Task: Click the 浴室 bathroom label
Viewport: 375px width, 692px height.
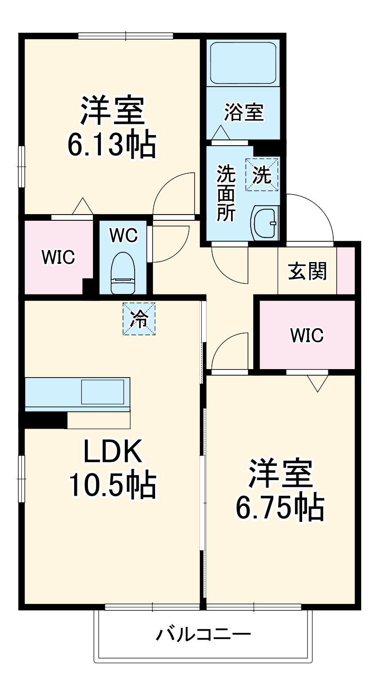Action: click(244, 112)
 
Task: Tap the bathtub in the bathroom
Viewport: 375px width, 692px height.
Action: click(243, 63)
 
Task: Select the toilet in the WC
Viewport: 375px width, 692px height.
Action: click(122, 273)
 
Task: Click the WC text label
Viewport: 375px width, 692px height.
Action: click(124, 235)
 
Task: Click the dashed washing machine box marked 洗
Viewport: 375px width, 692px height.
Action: click(262, 175)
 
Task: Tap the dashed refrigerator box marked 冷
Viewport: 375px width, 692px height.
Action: click(139, 318)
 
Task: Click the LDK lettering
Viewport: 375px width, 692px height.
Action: click(112, 452)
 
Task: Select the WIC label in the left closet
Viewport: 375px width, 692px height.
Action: click(58, 257)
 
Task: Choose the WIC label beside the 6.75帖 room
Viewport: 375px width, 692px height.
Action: click(307, 335)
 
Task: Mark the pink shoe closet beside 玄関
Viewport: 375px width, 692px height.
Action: click(346, 270)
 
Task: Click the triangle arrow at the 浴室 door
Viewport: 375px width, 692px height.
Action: click(220, 132)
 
